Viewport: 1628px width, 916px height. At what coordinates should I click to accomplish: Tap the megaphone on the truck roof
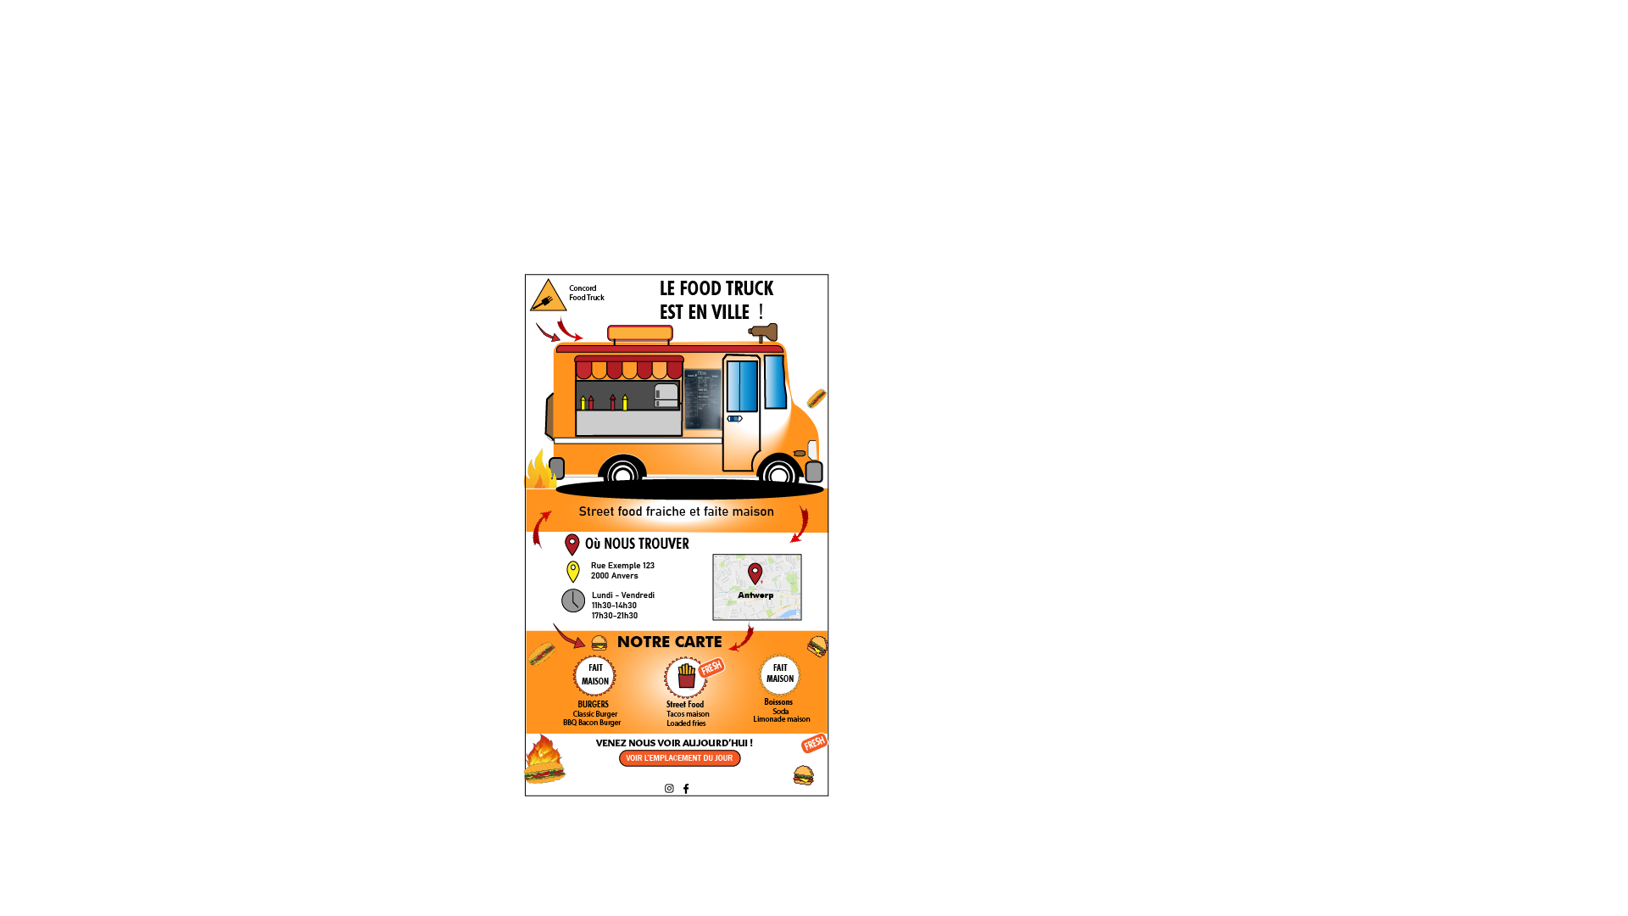764,332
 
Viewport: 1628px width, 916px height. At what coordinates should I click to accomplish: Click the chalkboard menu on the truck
702,399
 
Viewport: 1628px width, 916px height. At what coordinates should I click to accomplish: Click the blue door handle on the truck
734,418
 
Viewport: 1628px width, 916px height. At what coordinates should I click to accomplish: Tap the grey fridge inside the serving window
666,395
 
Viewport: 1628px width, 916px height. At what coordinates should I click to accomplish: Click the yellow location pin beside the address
573,571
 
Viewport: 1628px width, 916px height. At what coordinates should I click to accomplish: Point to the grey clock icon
573,600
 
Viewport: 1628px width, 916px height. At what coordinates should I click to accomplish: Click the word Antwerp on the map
755,595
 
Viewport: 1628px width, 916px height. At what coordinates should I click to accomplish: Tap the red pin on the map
755,573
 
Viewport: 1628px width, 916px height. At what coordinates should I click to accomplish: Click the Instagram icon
669,789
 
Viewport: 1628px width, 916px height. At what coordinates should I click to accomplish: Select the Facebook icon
686,789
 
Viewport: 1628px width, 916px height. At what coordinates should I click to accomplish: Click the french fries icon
686,676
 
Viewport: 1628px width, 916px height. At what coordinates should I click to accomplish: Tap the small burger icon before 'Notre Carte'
599,643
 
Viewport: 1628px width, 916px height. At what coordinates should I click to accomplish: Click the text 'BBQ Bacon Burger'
592,723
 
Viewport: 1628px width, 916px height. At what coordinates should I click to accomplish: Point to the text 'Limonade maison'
782,719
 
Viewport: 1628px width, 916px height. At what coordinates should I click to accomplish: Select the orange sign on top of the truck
640,333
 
